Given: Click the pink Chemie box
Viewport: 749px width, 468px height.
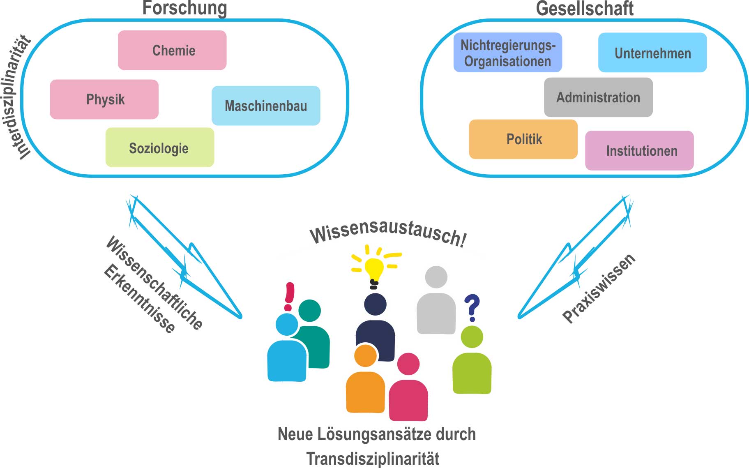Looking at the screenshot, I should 172,50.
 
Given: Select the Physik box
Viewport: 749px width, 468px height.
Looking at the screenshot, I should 104,99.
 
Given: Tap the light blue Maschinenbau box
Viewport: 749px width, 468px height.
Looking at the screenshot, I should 266,106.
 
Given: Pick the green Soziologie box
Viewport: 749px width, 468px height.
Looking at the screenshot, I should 160,148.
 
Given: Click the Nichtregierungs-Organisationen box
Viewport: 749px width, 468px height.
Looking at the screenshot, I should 508,53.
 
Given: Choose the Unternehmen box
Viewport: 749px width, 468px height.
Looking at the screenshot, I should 652,53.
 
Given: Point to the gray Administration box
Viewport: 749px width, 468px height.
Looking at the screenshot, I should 598,97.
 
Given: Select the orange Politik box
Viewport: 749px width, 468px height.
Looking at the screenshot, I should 523,139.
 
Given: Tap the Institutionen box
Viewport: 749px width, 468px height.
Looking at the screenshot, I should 640,151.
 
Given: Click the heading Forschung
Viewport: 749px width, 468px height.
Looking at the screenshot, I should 184,8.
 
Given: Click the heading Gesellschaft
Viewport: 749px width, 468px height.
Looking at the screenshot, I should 585,9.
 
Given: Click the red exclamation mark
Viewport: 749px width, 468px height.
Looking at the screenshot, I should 289,296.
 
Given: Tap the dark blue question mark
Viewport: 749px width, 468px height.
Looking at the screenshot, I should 472,307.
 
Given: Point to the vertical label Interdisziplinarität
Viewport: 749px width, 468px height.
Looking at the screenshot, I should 19,97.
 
